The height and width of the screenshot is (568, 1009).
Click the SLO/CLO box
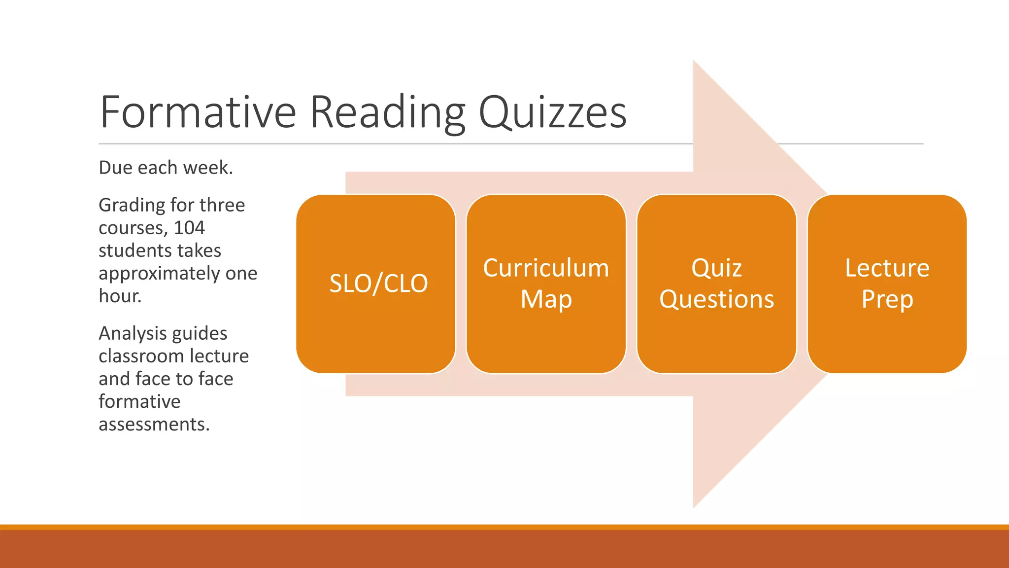376,284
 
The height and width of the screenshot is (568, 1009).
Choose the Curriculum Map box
546,284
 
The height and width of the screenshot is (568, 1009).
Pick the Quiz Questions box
716,284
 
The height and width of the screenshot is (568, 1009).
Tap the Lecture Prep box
887,284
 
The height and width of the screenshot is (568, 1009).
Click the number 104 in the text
189,228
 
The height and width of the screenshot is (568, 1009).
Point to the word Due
116,168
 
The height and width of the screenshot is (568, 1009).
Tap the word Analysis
130,334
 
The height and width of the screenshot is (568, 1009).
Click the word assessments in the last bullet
154,424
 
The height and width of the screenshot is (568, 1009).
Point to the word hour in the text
120,296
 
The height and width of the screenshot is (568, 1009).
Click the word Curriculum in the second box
546,268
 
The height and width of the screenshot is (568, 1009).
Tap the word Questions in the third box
716,299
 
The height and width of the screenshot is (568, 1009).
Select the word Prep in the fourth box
887,299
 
